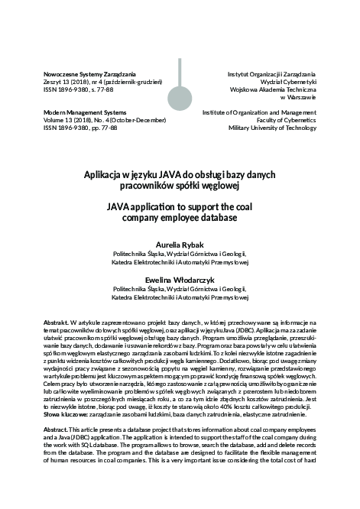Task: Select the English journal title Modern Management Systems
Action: click(x=82, y=112)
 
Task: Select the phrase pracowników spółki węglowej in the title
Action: click(x=180, y=185)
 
